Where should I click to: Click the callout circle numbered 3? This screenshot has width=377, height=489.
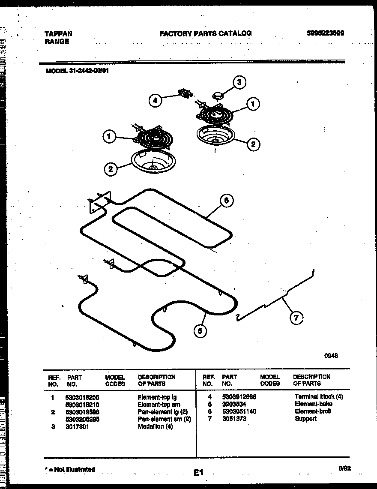tap(239, 82)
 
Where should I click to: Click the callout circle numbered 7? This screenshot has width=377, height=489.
tap(296, 318)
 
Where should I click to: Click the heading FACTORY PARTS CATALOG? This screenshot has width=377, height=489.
tap(205, 33)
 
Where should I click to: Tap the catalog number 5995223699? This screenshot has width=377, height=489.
tap(326, 33)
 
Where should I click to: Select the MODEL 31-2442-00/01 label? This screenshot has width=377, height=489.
tap(77, 71)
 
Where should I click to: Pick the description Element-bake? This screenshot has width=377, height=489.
tap(313, 404)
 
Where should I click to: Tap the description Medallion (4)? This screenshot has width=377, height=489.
tap(155, 427)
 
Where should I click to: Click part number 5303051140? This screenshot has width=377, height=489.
tap(239, 411)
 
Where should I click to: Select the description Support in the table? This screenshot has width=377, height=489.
tap(305, 419)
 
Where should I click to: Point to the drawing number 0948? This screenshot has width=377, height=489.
tap(331, 355)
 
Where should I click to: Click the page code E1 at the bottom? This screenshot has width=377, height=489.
tap(197, 473)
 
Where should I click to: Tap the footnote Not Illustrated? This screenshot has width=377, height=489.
tap(72, 469)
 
